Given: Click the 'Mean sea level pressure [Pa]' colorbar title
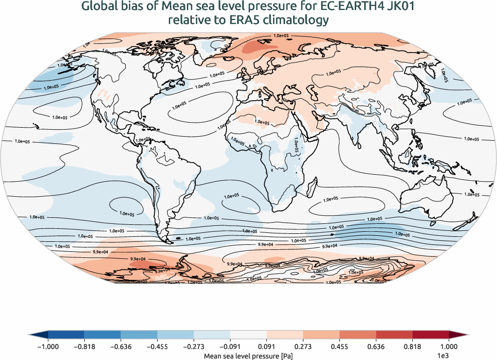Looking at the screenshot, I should click(248, 355).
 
